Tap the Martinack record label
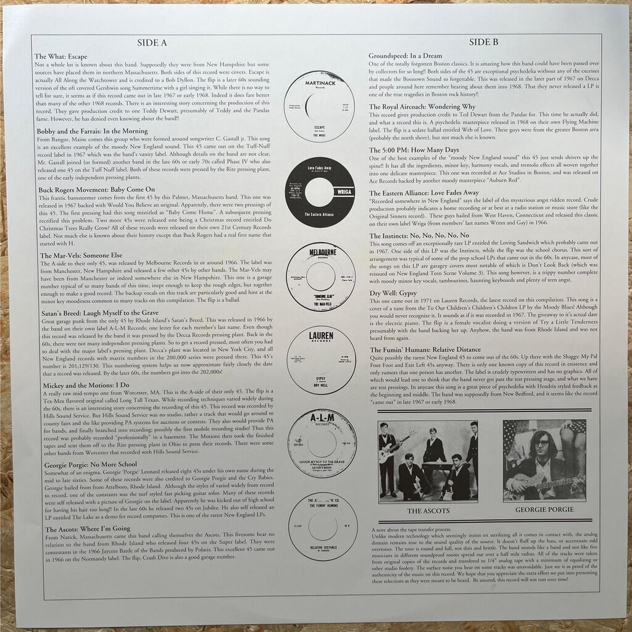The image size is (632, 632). pos(320,107)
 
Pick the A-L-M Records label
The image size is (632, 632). pos(321,443)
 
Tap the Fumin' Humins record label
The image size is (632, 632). pos(322,526)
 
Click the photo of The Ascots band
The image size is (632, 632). pos(428,460)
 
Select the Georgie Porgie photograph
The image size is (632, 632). pos(544,460)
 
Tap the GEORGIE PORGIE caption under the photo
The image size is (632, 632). pos(543,510)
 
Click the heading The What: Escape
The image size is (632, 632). pos(62,56)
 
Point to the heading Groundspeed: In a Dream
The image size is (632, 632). pos(405,56)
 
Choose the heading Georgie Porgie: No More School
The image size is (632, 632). pos(86,464)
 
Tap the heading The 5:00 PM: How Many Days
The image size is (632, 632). pos(414,150)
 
